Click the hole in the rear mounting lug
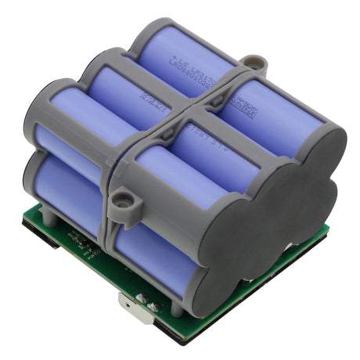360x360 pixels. [x=251, y=60]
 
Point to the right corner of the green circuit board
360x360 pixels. [x=326, y=229]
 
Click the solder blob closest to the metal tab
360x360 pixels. [x=146, y=298]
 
